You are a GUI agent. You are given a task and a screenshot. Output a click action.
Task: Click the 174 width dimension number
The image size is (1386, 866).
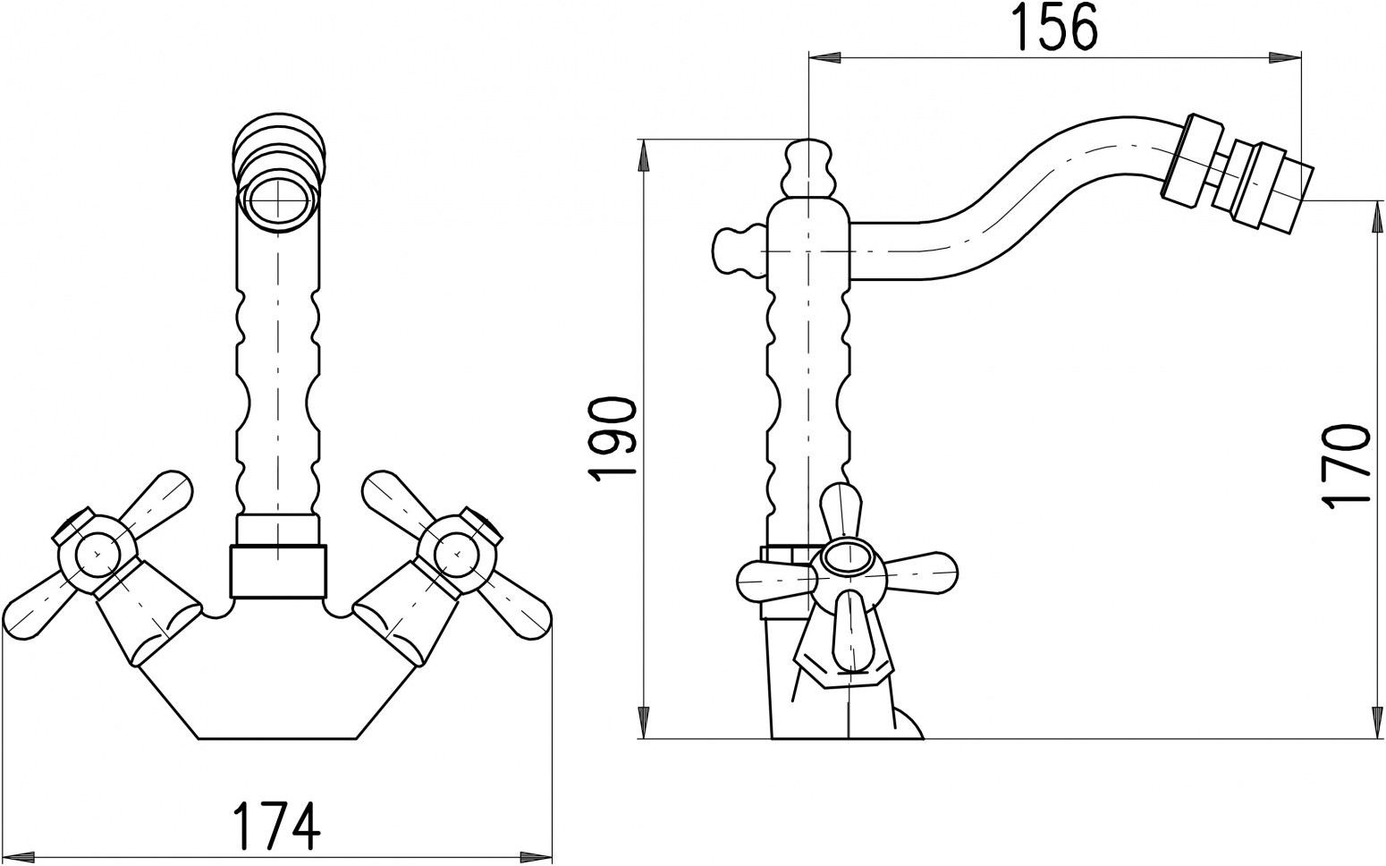(x=276, y=826)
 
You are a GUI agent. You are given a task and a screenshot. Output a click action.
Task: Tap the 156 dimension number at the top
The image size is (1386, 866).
(x=1055, y=29)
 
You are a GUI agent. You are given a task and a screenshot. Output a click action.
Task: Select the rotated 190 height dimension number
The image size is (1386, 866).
(x=612, y=439)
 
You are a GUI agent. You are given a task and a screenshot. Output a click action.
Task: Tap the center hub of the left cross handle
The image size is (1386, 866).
(x=97, y=553)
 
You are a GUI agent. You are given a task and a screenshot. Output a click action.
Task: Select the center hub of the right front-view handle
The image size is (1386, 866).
(x=457, y=553)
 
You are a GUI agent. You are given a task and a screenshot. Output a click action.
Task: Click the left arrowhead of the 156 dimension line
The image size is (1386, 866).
(x=824, y=57)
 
